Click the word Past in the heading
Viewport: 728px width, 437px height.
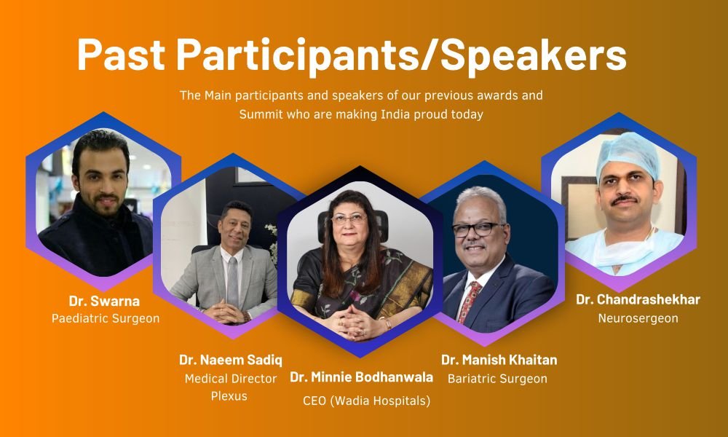(x=121, y=55)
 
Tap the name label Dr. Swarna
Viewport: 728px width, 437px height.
(x=104, y=301)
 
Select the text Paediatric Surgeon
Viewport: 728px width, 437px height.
(x=106, y=318)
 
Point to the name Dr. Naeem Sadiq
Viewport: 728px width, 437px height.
(x=231, y=360)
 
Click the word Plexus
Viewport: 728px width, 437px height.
(x=229, y=396)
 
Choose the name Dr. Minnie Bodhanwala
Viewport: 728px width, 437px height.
(x=361, y=377)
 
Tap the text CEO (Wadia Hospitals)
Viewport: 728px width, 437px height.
(x=366, y=401)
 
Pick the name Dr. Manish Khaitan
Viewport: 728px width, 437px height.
(x=499, y=360)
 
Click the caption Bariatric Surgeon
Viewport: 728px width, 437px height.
(x=497, y=379)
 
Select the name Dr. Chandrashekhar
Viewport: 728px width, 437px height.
(x=638, y=299)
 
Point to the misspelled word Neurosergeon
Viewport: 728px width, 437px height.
(x=638, y=318)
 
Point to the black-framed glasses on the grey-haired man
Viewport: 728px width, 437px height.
(x=478, y=229)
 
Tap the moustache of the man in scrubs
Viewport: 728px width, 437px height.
(x=625, y=200)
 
